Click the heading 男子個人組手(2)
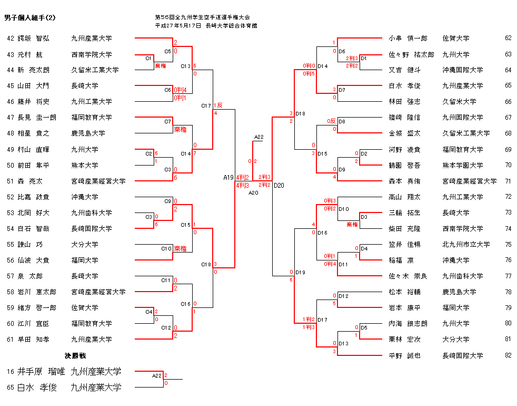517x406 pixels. tap(29, 18)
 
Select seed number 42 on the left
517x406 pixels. tap(11, 38)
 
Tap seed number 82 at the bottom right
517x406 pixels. tap(508, 355)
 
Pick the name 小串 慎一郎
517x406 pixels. tap(408, 38)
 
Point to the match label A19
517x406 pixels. tap(228, 178)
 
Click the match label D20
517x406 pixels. tap(279, 185)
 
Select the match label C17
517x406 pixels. tap(206, 106)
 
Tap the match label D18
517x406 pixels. tap(301, 113)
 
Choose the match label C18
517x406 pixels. tap(206, 264)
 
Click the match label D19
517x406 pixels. tap(301, 272)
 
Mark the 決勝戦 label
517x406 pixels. tap(75, 355)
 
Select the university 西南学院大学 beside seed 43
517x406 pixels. tap(92, 54)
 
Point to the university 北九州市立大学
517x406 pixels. tap(465, 245)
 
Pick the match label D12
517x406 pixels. tap(343, 296)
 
